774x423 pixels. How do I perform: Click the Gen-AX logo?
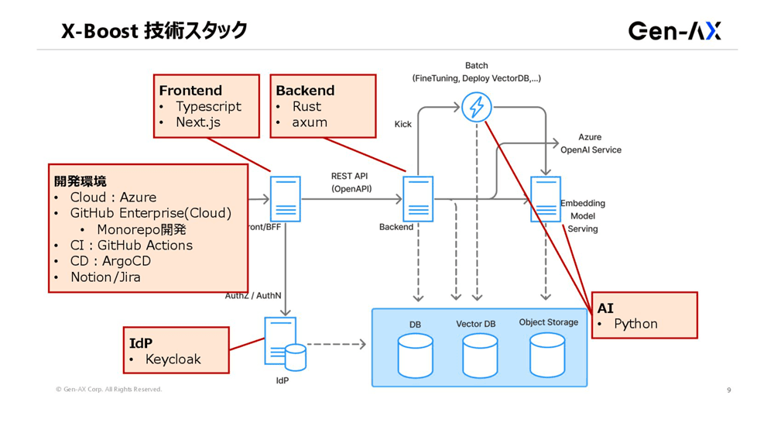674,31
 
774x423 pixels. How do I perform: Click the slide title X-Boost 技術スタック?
155,31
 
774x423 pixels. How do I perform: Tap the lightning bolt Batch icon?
477,107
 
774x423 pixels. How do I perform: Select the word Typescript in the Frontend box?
208,107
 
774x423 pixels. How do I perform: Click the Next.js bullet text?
198,122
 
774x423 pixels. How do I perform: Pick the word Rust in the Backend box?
307,107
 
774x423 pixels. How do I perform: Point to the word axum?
310,122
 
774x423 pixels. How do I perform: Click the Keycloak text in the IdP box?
173,359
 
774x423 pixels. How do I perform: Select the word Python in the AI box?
635,324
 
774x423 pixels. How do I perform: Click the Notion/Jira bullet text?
105,277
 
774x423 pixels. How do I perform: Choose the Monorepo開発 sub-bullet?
142,230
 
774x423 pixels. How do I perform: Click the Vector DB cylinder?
480,355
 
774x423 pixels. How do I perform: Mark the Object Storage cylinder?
547,355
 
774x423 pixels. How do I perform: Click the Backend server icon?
418,199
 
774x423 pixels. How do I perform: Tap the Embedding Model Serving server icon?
545,199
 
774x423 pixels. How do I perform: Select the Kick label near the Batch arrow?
403,124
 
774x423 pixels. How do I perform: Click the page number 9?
728,390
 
